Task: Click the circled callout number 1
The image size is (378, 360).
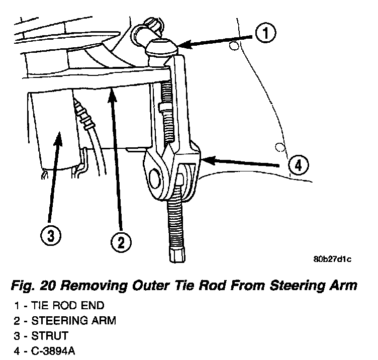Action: pyautogui.click(x=267, y=35)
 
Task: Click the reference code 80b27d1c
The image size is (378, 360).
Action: pyautogui.click(x=332, y=259)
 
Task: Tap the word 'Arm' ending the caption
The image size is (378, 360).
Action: pyautogui.click(x=344, y=287)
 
